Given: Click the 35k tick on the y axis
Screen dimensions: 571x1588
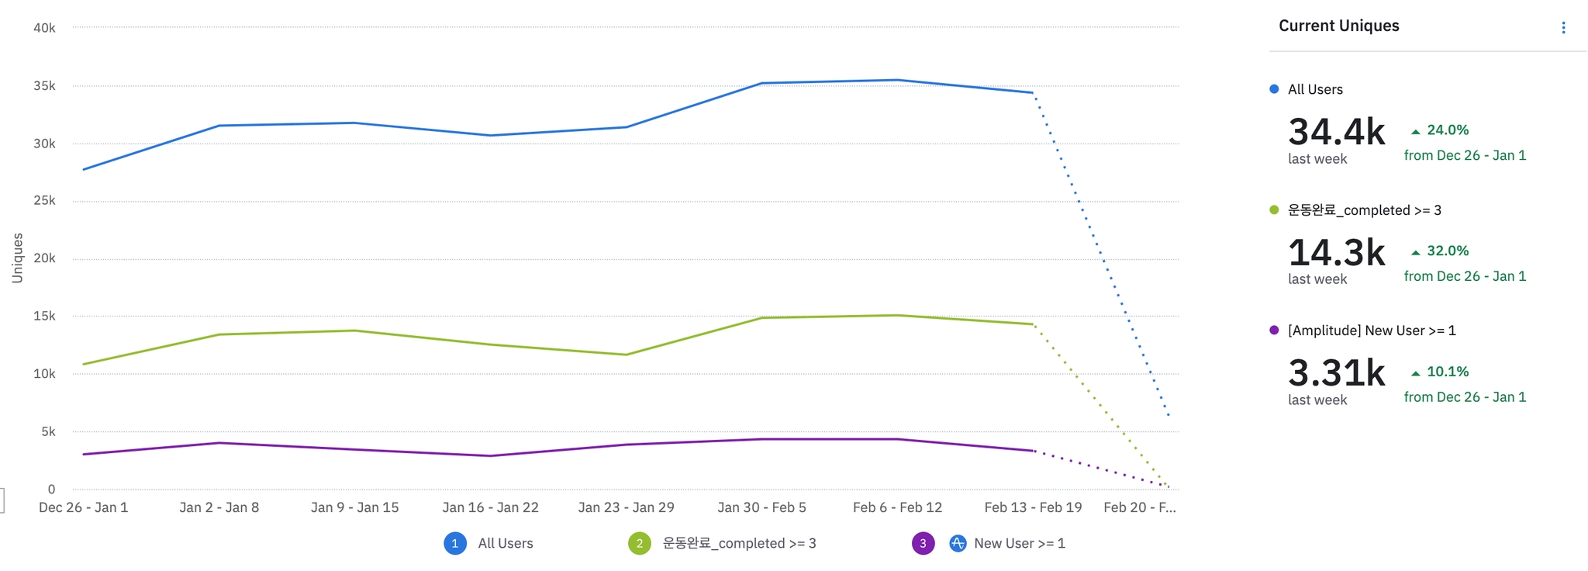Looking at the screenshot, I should tap(44, 86).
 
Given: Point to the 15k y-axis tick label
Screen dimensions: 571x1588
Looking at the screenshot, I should tap(44, 316).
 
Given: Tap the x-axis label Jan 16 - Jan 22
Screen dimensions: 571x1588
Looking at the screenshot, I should tap(490, 507).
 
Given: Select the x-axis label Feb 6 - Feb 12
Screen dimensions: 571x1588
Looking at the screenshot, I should tap(897, 507).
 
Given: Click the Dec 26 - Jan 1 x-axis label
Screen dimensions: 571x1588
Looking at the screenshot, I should tap(84, 507).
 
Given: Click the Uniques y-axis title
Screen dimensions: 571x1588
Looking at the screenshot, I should tap(18, 258).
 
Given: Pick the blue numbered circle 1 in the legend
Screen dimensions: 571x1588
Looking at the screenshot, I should tap(455, 543).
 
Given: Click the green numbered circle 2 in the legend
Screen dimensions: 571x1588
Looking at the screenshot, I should tap(640, 543).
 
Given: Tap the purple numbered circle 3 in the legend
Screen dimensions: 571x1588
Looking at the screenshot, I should tap(923, 543).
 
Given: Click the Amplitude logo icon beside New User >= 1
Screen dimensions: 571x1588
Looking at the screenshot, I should tap(958, 543).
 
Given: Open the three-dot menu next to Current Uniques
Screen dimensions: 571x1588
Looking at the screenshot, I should tap(1563, 28).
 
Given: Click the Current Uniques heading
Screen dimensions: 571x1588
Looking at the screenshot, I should tap(1338, 26).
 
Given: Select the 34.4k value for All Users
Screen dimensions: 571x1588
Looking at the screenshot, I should tap(1336, 132).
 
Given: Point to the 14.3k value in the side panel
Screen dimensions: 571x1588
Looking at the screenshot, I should tap(1336, 253).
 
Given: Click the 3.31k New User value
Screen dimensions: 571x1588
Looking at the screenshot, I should tap(1336, 373).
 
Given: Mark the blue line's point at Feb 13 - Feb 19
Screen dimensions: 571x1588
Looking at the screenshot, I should tap(1033, 93).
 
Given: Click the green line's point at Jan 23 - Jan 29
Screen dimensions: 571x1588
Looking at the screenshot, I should tap(626, 355).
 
